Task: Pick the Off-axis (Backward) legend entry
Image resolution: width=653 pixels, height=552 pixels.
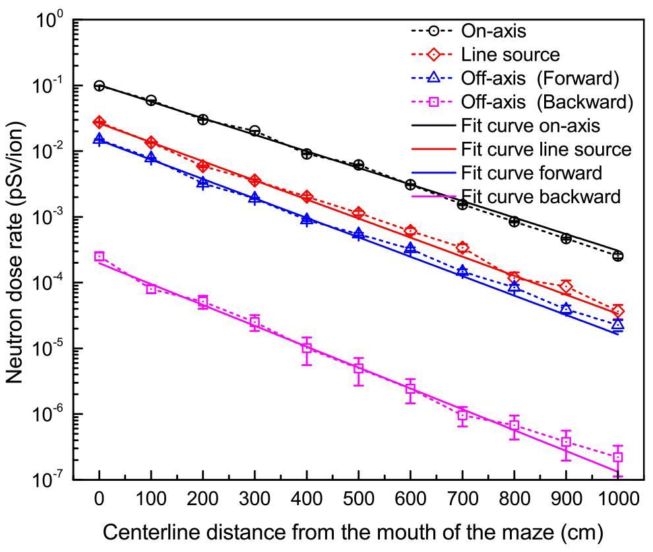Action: (x=547, y=102)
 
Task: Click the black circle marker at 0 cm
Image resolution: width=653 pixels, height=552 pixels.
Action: (x=99, y=86)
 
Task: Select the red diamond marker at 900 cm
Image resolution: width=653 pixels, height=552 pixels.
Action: (x=566, y=286)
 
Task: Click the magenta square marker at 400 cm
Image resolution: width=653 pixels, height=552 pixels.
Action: (x=307, y=348)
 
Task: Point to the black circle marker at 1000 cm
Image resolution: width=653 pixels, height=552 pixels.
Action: (x=618, y=256)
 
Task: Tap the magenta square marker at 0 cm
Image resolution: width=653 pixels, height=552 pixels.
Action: (x=99, y=257)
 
